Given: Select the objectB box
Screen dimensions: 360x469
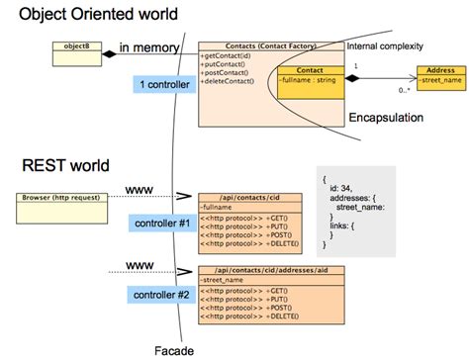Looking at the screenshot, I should pyautogui.click(x=77, y=46).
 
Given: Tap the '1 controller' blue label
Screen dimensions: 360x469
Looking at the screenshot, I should pyautogui.click(x=164, y=86).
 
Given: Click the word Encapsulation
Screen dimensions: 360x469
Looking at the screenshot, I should pyautogui.click(x=386, y=118).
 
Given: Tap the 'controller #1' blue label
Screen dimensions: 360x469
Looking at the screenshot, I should pyautogui.click(x=163, y=225).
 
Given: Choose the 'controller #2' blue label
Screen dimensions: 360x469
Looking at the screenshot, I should pyautogui.click(x=163, y=294).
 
